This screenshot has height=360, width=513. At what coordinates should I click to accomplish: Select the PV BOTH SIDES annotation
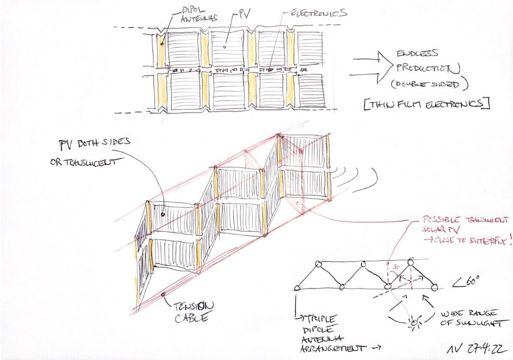coord(94,143)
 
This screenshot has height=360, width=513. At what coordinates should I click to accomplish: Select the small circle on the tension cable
coord(164,293)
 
